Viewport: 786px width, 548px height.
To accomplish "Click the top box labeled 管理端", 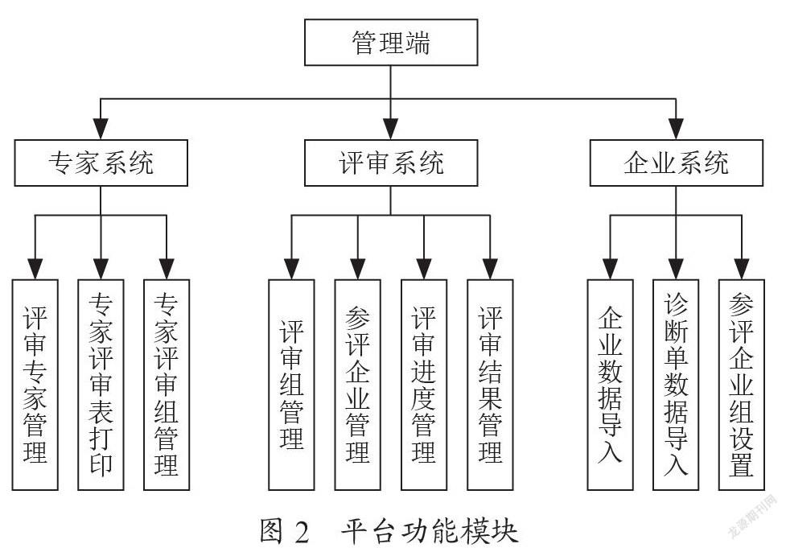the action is point(391,43).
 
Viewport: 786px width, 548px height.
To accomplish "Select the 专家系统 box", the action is point(101,163).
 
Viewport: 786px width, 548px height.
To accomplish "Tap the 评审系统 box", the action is point(391,163).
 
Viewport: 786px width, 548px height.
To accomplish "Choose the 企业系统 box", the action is point(677,163).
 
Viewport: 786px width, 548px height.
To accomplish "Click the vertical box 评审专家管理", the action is point(35,385).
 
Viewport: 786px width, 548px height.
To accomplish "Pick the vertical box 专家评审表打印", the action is point(101,385).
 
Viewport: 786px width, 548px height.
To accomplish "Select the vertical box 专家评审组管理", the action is point(167,385).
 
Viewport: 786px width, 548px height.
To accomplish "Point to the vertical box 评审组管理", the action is point(291,385).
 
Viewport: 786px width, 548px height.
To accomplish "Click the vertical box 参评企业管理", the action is point(357,385).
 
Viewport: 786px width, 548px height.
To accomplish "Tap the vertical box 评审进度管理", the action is point(424,385).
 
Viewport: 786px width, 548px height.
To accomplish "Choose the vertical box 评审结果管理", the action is point(490,385).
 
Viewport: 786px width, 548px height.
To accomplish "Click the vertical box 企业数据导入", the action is point(610,385).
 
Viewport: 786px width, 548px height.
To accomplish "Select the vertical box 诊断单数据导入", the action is point(676,385).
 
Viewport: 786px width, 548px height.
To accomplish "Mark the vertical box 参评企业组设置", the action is point(742,385).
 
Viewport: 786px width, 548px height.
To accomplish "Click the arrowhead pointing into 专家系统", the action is point(101,129).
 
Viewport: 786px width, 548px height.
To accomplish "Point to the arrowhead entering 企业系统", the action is point(677,129).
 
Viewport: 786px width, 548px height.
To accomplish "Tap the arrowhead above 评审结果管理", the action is point(490,269).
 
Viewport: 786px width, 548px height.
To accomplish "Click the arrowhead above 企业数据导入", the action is point(610,269).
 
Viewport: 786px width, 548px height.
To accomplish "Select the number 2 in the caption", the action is point(302,532).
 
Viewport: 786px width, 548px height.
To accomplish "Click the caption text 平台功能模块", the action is point(430,531).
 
